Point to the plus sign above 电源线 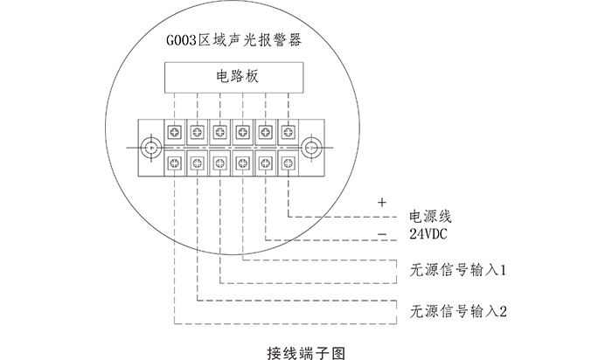[381, 202]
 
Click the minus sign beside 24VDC [381, 234]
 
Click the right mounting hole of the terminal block [309, 147]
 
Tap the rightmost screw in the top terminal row [287, 133]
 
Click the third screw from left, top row [219, 133]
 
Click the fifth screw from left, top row [264, 133]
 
